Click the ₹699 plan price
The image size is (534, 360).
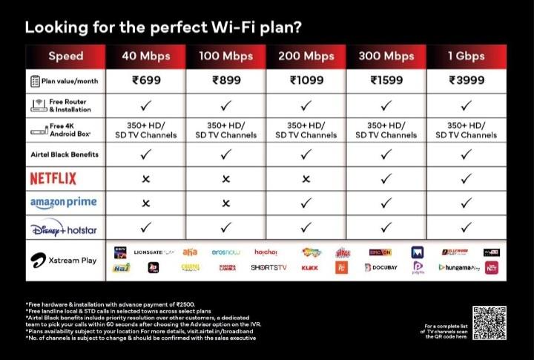145,81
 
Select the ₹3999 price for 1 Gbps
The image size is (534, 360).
467,81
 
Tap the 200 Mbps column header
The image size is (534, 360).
306,56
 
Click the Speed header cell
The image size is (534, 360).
66,56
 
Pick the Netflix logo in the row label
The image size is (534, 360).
53,178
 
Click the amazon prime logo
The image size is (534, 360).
63,203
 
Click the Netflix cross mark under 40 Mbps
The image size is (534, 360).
145,179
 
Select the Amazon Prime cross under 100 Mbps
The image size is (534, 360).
225,203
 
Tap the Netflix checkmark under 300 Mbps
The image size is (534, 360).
386,179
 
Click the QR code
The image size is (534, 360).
490,323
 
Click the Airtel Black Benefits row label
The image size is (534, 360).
65,154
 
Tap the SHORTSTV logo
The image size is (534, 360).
268,267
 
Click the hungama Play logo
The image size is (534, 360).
460,267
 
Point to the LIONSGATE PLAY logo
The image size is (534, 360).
154,252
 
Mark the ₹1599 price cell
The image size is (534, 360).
386,81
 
